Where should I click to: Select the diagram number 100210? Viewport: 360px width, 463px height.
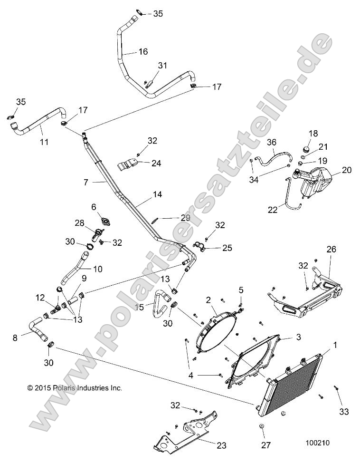317,442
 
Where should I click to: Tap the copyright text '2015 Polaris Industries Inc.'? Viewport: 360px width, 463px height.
75,388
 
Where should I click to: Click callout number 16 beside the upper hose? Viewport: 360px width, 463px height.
143,51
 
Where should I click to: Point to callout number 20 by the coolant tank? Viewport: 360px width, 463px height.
347,170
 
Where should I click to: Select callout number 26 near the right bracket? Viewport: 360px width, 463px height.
331,249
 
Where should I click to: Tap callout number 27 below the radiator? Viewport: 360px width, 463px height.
266,445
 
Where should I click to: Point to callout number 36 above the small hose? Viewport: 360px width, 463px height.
271,142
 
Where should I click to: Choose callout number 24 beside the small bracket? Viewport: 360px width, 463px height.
156,163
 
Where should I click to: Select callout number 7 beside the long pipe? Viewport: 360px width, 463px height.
86,182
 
